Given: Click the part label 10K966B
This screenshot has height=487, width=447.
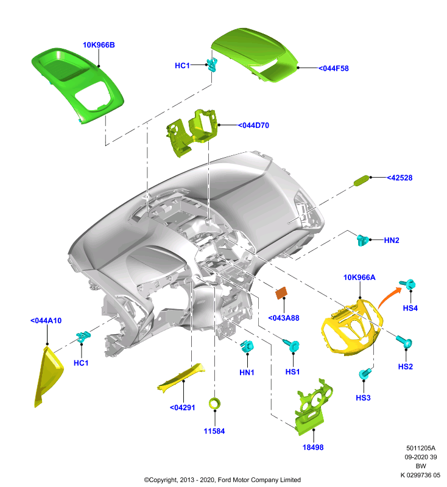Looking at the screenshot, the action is tap(99, 45).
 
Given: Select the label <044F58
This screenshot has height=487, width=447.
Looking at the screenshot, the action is tap(334, 68).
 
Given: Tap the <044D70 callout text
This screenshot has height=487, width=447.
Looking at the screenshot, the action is tap(253, 125).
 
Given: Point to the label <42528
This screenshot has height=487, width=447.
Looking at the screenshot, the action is tap(399, 178).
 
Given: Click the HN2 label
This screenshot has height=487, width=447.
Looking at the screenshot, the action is tap(392, 240).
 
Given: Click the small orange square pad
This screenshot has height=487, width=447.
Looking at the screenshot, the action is tap(281, 293).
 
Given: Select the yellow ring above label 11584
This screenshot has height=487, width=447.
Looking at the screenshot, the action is tap(214, 404).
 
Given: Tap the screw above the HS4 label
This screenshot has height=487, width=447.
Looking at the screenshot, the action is tap(408, 284).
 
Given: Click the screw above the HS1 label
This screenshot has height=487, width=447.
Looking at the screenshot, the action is tap(291, 345).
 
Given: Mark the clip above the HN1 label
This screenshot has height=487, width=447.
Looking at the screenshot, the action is tap(248, 346).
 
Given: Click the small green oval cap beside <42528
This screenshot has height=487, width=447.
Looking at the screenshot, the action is tap(362, 180).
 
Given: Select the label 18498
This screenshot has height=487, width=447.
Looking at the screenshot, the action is tap(313, 447).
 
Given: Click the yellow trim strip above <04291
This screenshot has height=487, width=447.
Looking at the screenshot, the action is tap(182, 377).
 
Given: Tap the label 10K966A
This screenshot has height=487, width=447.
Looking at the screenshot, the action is tap(359, 278).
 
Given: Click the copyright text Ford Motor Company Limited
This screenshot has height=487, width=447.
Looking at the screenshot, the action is tap(259, 480).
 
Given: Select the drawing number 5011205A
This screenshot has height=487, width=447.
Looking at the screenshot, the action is tap(421, 448).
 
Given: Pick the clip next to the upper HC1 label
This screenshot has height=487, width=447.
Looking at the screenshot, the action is tap(213, 65).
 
